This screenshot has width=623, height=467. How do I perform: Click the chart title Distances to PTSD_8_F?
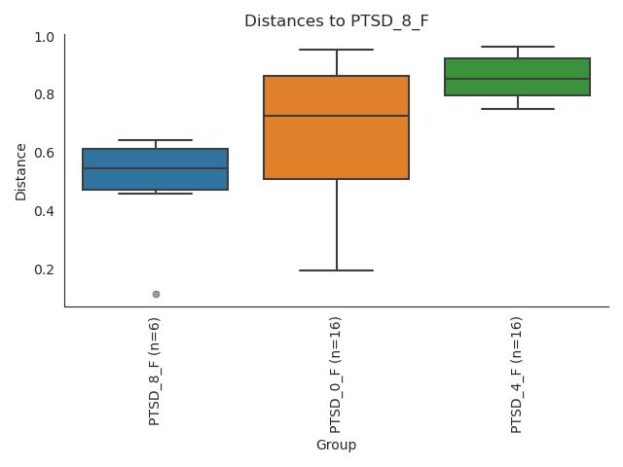click(x=336, y=20)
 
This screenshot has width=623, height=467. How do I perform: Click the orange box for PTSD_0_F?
click(x=336, y=146)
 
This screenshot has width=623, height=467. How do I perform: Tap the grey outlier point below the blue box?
click(x=156, y=294)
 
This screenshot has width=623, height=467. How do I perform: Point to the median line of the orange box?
click(x=336, y=116)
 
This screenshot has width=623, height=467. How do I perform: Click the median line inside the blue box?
click(x=155, y=168)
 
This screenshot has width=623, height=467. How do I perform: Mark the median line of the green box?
click(x=517, y=79)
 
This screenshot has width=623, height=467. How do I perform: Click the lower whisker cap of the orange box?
click(x=336, y=270)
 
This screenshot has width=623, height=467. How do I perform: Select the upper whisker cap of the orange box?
click(x=336, y=50)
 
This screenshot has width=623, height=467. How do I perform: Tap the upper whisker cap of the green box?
click(x=517, y=47)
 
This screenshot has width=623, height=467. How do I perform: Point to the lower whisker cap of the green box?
click(x=517, y=109)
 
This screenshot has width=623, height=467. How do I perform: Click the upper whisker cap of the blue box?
click(x=155, y=140)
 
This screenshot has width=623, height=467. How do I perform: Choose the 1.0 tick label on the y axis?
click(x=44, y=37)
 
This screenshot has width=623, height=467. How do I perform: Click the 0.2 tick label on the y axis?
click(x=44, y=269)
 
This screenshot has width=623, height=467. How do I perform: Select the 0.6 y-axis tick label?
click(x=44, y=153)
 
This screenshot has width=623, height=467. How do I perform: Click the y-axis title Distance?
click(x=21, y=171)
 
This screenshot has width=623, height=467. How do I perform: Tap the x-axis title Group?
click(x=336, y=445)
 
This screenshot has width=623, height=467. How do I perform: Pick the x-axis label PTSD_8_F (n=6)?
click(x=155, y=371)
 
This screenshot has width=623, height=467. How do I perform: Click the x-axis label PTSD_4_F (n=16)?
click(x=517, y=375)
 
